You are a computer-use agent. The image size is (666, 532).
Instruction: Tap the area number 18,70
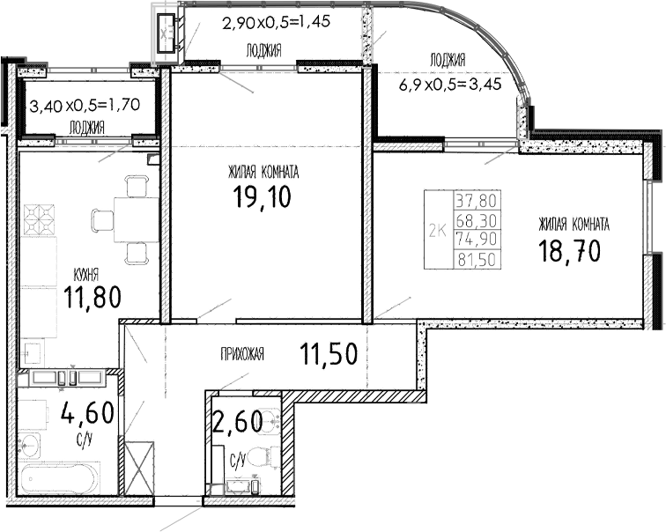click(569, 251)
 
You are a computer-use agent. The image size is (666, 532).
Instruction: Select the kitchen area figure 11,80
click(92, 298)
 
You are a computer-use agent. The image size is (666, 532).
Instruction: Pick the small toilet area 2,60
click(238, 425)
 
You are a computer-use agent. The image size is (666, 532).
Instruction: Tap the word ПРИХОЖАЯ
click(243, 356)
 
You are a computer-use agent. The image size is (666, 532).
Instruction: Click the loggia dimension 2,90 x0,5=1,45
click(276, 23)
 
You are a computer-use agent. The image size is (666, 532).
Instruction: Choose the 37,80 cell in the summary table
click(472, 200)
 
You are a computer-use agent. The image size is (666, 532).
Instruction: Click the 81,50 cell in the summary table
click(472, 259)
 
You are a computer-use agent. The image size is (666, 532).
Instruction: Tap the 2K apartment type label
click(435, 231)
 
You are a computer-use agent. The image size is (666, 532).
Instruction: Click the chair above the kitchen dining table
click(136, 186)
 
